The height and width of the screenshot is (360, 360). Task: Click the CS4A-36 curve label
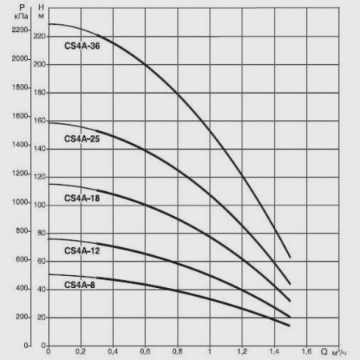[x=82, y=46]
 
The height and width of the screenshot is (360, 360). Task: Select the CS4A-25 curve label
[x=82, y=139]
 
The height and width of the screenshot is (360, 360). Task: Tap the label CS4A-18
[x=82, y=198]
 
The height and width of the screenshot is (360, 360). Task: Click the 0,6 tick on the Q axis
[x=145, y=353]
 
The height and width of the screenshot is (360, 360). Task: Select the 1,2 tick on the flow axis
[x=241, y=353]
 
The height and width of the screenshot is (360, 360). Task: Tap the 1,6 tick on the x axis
[x=305, y=353]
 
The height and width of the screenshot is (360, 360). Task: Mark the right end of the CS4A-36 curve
[x=290, y=257]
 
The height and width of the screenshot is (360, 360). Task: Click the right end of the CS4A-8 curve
[x=290, y=326]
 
